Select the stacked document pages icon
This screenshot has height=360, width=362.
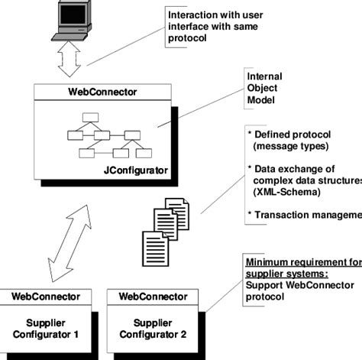[x=162, y=225]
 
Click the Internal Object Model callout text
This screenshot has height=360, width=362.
[x=265, y=89]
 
